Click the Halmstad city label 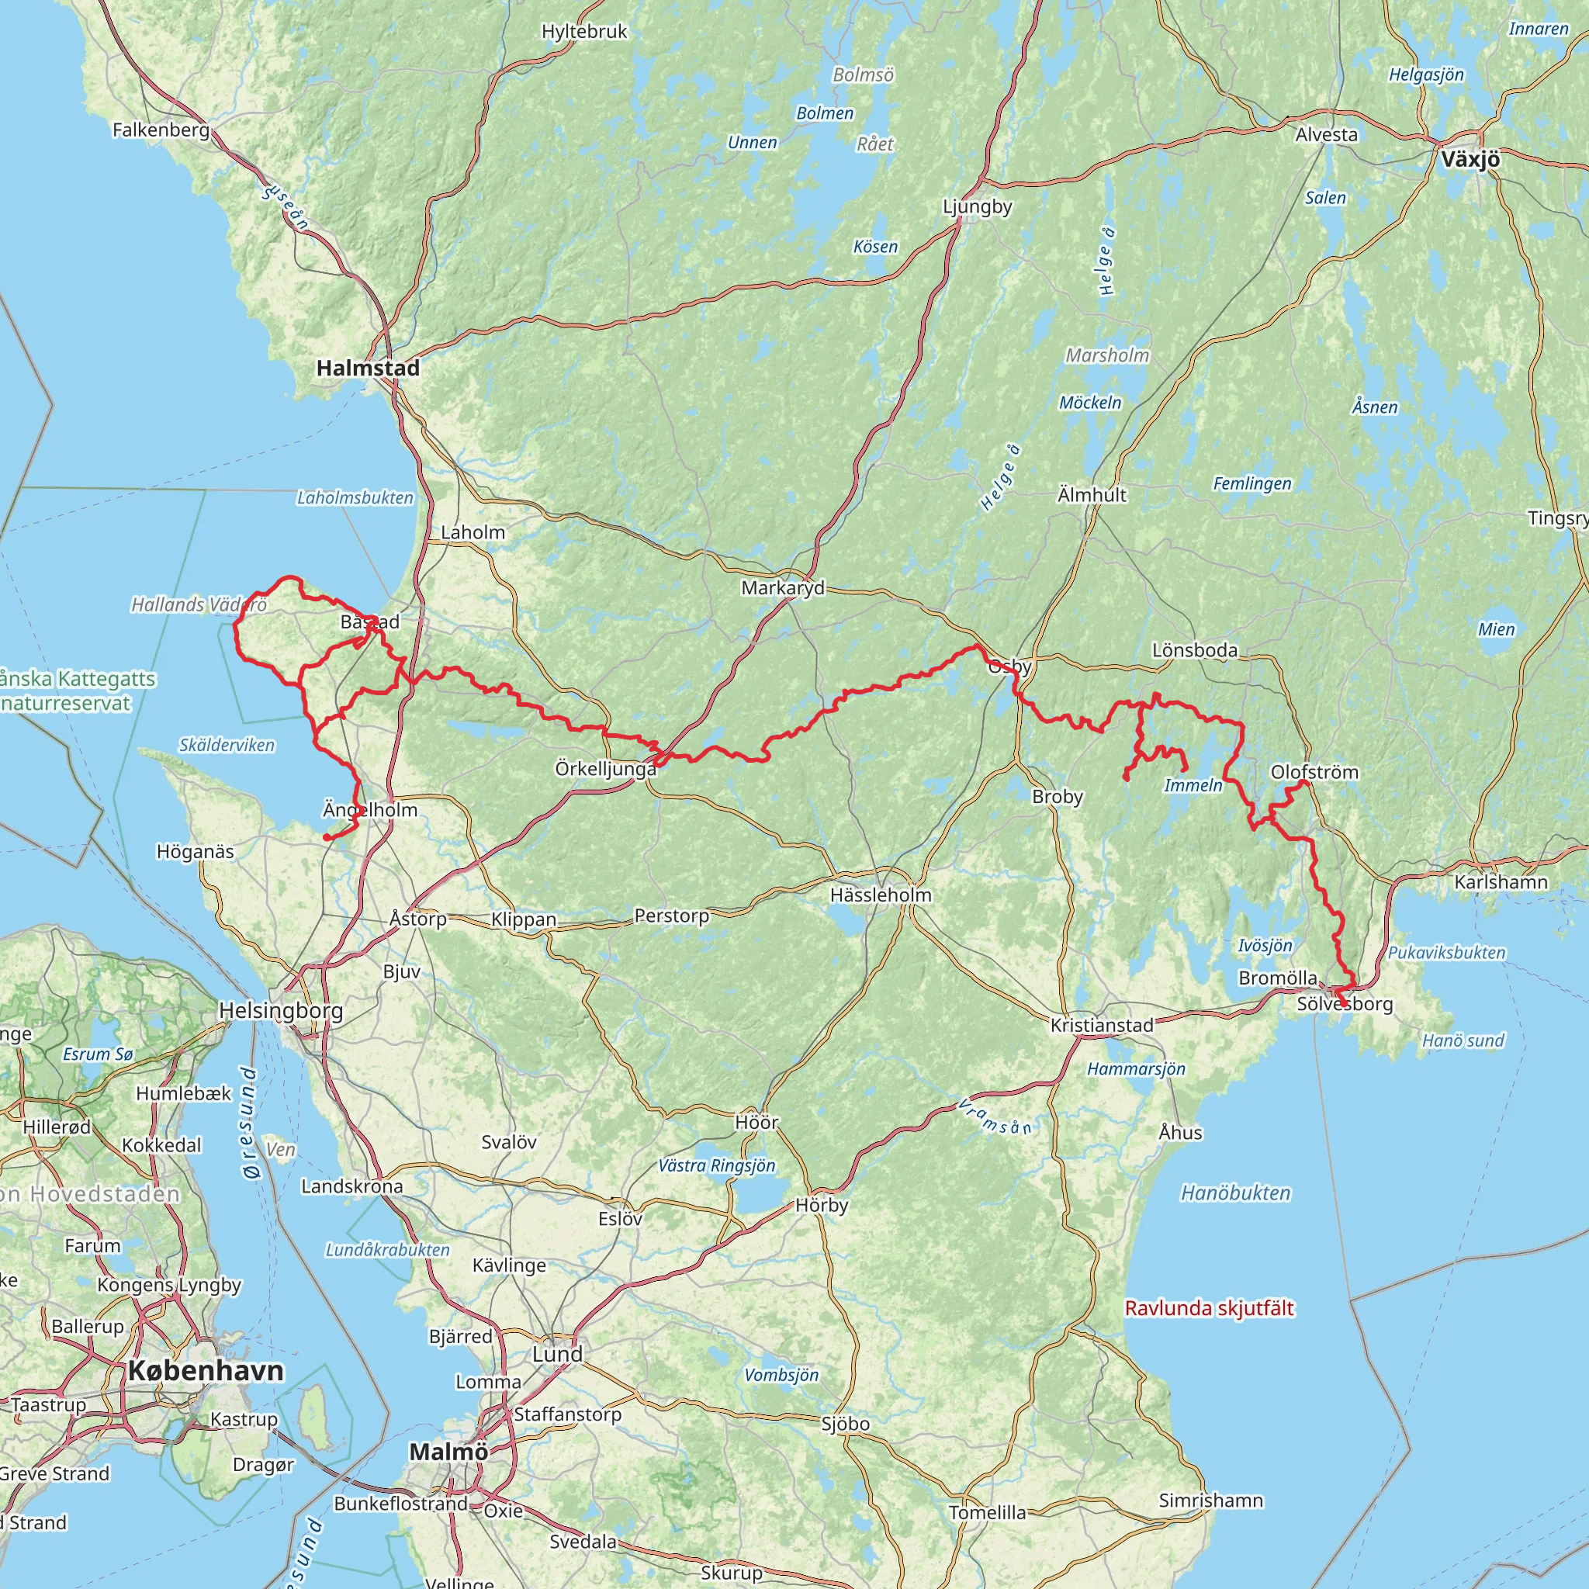[x=368, y=369]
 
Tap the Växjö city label [x=1470, y=160]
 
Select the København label [x=206, y=1371]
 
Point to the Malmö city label [x=448, y=1452]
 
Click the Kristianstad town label [x=1102, y=1026]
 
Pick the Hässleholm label [x=881, y=895]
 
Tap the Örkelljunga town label [x=605, y=769]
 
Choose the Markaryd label [x=782, y=588]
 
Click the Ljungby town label [x=977, y=206]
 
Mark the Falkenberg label [x=161, y=130]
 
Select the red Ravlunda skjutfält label [x=1209, y=1309]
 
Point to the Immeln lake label [x=1193, y=785]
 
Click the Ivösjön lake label [x=1265, y=946]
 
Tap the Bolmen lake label [x=825, y=113]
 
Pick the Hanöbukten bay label [x=1235, y=1193]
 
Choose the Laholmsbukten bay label [x=355, y=497]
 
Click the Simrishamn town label [x=1210, y=1501]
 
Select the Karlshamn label [x=1501, y=882]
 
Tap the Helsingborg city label [x=280, y=1010]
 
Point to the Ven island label [x=280, y=1149]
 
